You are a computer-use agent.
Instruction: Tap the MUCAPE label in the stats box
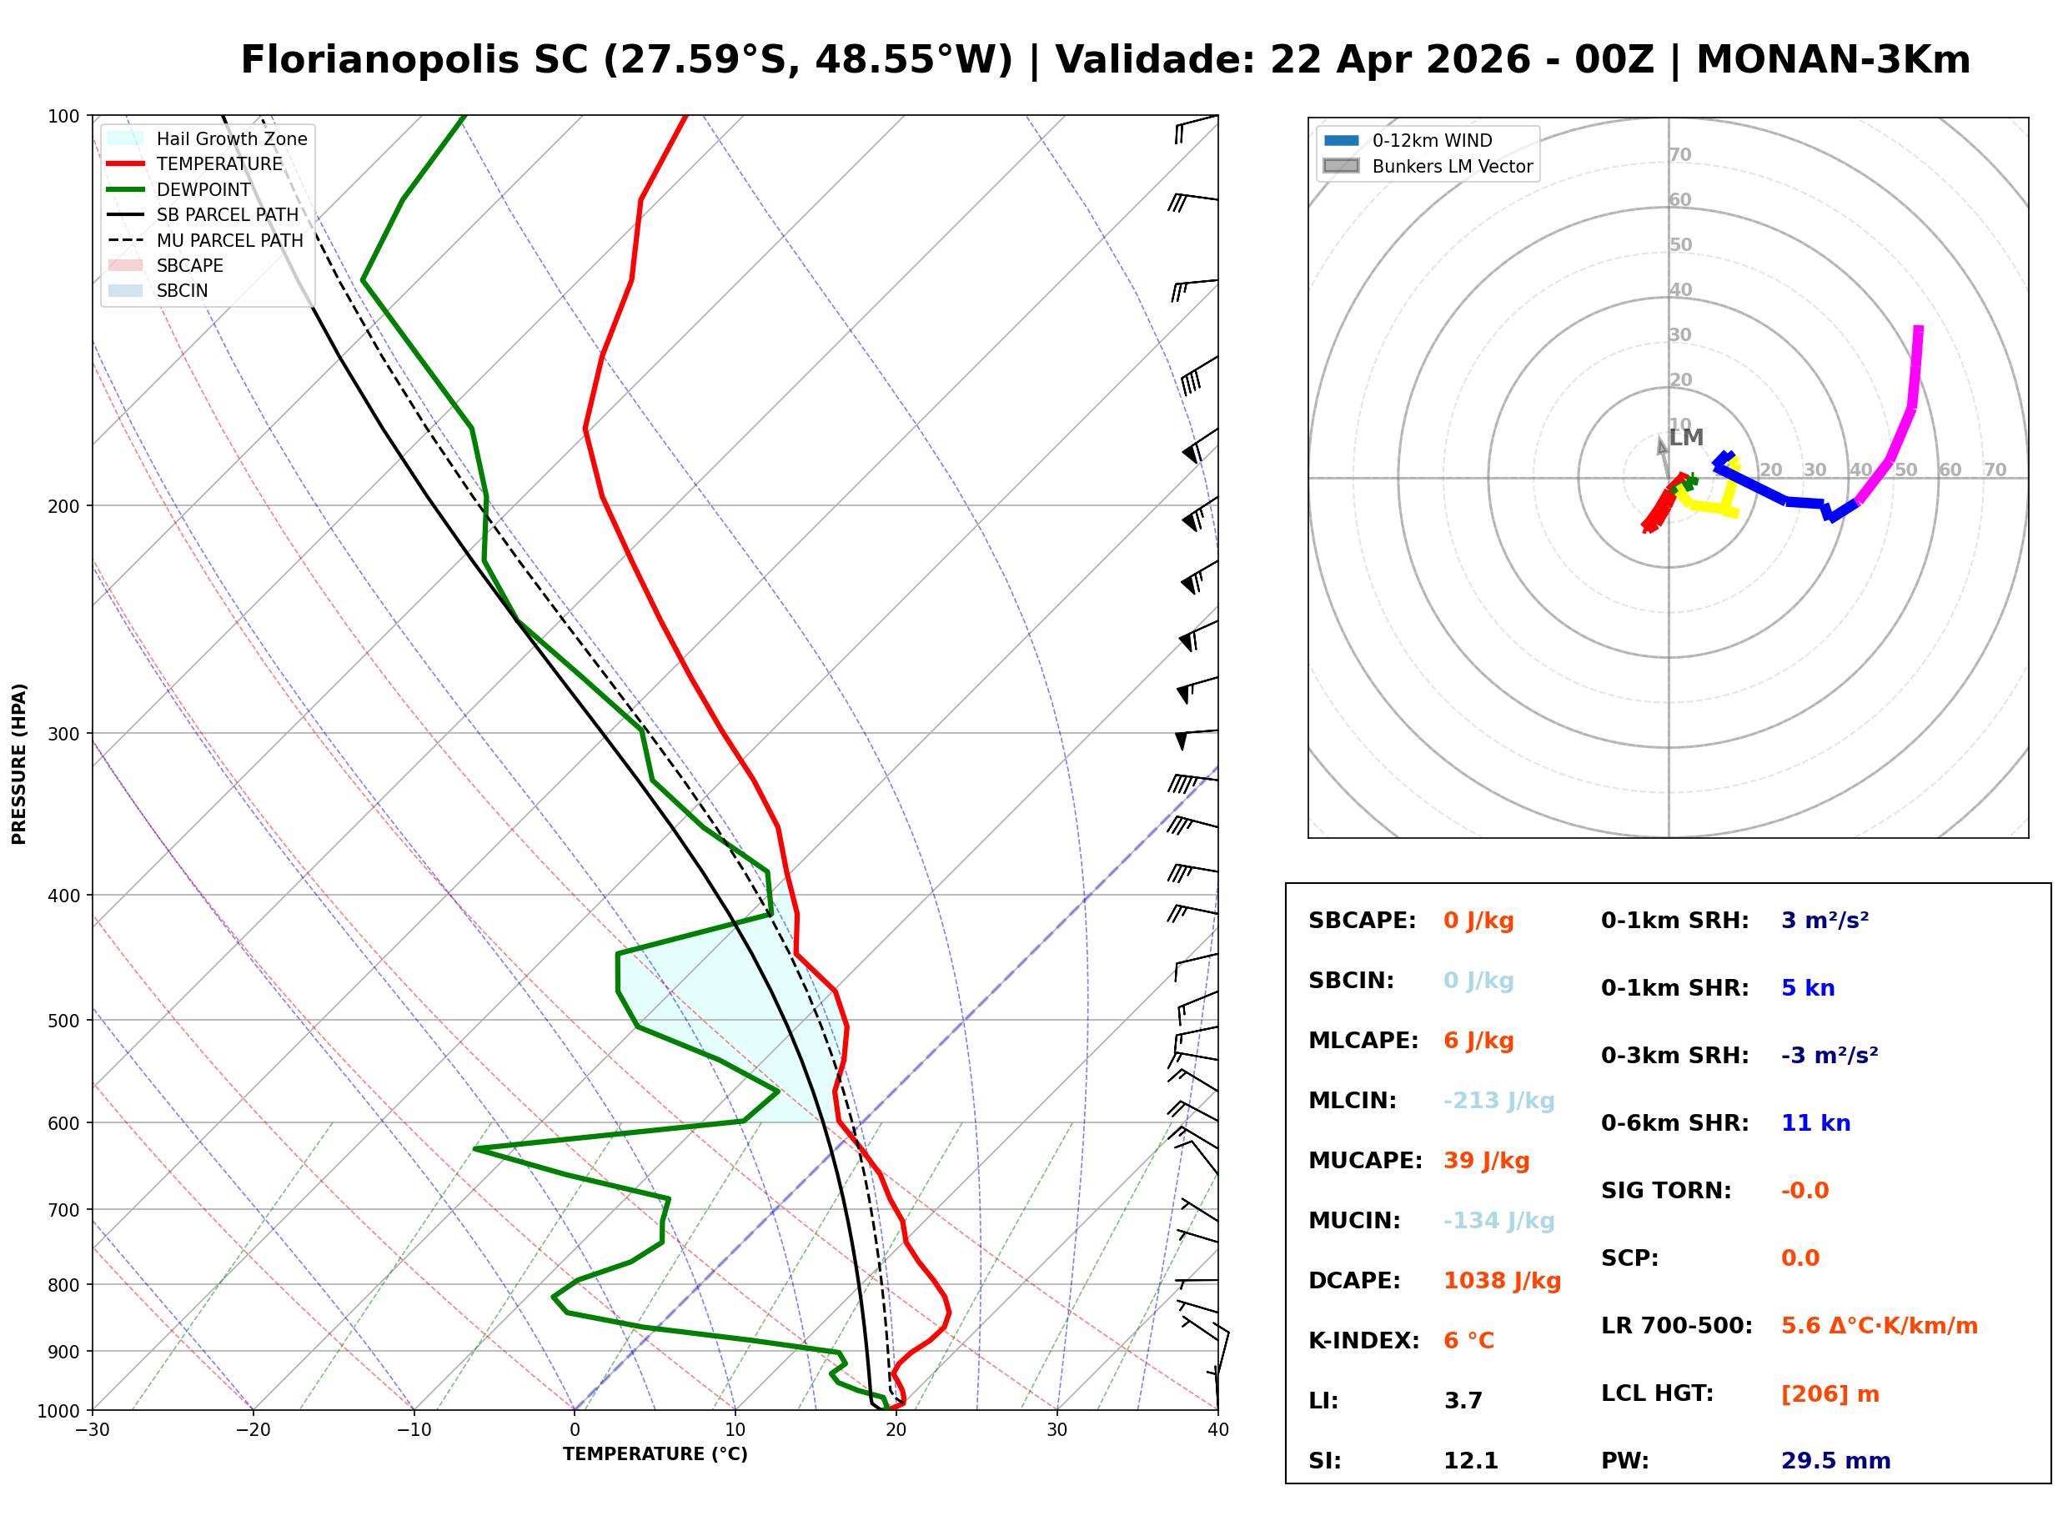[1364, 1160]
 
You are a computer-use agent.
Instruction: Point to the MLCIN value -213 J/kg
[1498, 1100]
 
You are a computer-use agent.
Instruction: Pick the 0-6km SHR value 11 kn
[1815, 1122]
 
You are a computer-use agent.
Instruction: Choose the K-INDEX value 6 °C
[1468, 1340]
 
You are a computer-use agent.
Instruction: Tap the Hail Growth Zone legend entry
[231, 138]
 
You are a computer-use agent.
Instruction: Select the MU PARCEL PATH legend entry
[229, 240]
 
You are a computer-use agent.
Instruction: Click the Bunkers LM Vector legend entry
[1451, 166]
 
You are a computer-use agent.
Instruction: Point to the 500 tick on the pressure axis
[63, 1021]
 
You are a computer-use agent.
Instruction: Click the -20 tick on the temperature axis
[253, 1430]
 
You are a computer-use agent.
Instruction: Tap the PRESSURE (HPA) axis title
[19, 763]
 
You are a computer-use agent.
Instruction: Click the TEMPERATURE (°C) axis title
[655, 1454]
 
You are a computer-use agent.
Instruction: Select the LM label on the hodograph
[1685, 438]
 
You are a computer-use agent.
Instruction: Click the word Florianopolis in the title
[414, 60]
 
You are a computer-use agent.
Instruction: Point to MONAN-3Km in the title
[1832, 60]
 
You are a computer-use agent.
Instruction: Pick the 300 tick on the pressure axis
[63, 734]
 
